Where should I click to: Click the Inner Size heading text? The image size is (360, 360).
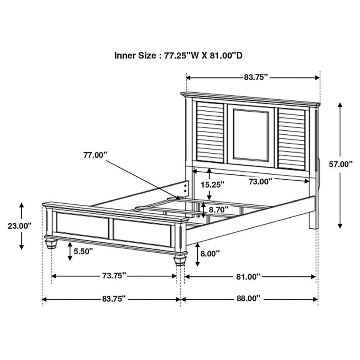178,56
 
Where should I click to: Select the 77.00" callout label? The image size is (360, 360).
96,155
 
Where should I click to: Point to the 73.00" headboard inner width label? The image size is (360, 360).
260,181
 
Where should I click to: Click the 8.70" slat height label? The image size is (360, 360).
219,209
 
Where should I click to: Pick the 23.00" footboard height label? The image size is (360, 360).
20,226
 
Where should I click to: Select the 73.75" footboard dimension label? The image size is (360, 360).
114,276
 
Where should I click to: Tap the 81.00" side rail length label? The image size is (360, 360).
248,276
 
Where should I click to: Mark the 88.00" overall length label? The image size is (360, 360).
248,298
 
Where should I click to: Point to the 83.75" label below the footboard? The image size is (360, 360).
114,298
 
